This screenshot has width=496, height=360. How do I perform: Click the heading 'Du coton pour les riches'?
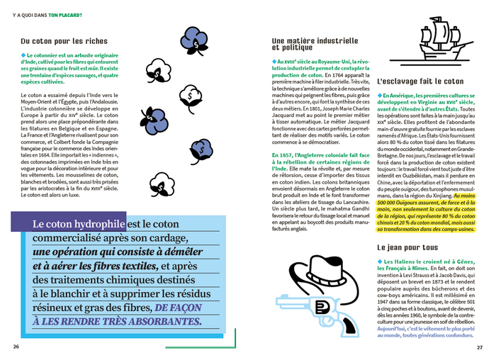pyautogui.click(x=64, y=41)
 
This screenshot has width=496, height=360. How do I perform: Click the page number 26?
pyautogui.click(x=16, y=347)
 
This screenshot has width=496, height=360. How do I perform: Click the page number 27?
pyautogui.click(x=480, y=347)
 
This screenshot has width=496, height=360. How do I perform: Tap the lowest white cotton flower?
pyautogui.click(x=164, y=189)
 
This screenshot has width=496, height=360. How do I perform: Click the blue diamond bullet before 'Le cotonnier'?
pyautogui.click(x=23, y=55)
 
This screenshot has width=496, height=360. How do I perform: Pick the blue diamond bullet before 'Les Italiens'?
pyautogui.click(x=381, y=262)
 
